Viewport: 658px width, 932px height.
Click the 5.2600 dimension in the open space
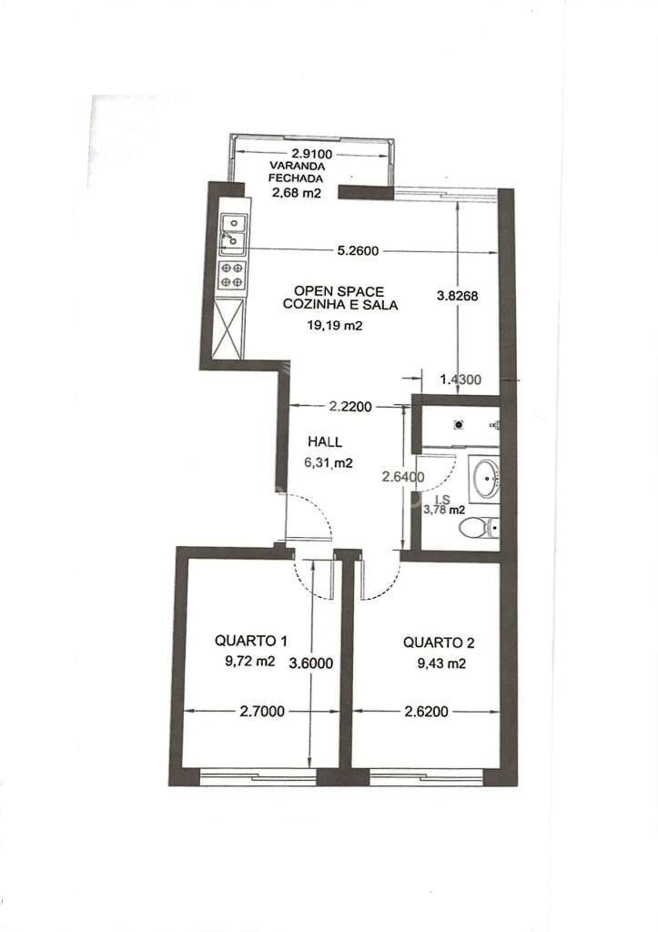tap(358, 251)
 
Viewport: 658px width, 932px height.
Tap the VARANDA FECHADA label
tap(297, 172)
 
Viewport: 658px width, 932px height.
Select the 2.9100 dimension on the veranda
tap(311, 155)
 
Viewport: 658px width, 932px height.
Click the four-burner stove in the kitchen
tap(232, 275)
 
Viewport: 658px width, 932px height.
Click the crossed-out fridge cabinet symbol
tap(228, 329)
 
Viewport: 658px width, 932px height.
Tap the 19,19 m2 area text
tap(335, 325)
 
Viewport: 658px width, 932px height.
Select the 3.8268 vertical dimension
tap(457, 296)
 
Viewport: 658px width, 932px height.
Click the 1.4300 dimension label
tap(461, 380)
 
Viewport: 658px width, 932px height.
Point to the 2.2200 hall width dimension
tap(350, 407)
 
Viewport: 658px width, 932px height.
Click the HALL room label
tap(325, 441)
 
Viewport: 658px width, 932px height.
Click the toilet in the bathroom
tap(479, 527)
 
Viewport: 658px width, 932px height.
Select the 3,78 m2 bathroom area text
tap(444, 510)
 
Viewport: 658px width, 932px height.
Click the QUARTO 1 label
tap(251, 640)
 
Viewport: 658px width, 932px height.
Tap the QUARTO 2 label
tap(439, 642)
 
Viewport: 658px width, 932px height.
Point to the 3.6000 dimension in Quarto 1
tap(311, 663)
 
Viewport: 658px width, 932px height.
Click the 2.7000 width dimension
tap(262, 711)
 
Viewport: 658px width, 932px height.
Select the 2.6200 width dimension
tap(426, 711)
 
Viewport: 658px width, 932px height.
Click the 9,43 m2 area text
tap(441, 664)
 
